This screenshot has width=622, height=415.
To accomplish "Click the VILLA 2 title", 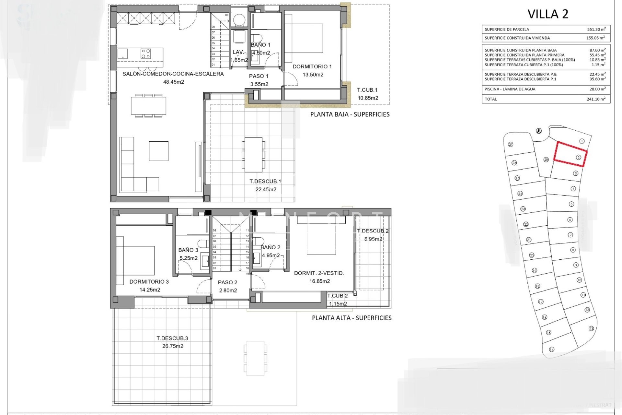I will pos(548,14).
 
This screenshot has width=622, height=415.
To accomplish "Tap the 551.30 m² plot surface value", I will pos(596,29).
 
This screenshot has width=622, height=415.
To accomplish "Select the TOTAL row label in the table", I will pos(490,99).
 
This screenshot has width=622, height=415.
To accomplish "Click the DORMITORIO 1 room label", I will pos(312,67).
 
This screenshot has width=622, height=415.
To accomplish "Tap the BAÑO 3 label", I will pos(188,250).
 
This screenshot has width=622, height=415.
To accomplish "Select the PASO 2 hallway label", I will pos(227,282).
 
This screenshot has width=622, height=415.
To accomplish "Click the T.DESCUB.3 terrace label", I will pos(172,338).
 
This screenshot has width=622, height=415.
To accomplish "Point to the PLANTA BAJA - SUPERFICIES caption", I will pos(350,114).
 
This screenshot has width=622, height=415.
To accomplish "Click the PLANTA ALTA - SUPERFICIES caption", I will pos(351,318).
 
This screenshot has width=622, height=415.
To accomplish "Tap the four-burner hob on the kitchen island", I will pos(145,53).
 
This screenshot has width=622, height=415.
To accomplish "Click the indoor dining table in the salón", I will pos(148,105).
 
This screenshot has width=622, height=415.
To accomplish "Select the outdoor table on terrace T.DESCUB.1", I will pos(253,155).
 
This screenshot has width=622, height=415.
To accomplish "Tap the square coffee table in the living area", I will pos(158,151).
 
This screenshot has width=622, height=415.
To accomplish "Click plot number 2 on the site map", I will pos(578,158).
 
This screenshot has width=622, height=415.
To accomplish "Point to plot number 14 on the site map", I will pos(552,349).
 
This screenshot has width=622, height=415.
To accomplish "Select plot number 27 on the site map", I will pos(511,144).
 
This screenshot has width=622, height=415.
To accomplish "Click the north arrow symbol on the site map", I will pos(539,131).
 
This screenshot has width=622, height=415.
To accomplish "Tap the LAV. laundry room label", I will pos(238,52).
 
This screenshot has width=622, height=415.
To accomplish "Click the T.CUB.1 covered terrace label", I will pos(367,90).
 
